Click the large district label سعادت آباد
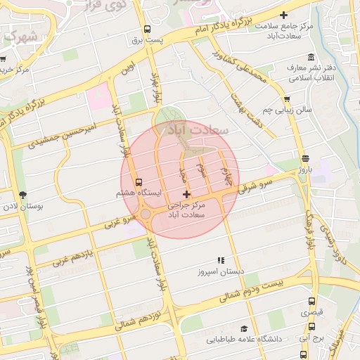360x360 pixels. [203, 131]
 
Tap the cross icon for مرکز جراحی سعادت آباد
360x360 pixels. [186, 194]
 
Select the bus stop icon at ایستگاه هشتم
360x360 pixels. [139, 181]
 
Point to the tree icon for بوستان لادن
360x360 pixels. [23, 195]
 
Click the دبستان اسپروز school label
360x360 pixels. [220, 271]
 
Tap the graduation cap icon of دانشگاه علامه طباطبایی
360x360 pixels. [244, 328]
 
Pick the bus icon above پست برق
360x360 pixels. [147, 30]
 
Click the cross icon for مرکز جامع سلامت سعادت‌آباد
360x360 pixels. [284, 15]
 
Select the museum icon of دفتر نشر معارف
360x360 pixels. [311, 57]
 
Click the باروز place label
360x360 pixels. [304, 169]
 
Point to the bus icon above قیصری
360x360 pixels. [313, 300]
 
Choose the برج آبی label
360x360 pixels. [312, 337]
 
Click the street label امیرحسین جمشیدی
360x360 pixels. [62, 133]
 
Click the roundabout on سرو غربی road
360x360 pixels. [146, 213]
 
